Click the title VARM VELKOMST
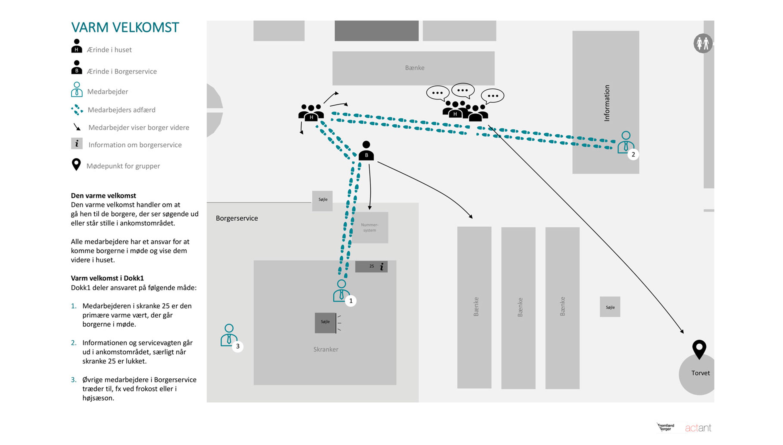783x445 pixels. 125,27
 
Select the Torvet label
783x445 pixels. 700,373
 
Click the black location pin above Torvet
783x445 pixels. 699,349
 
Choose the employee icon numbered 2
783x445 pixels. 625,142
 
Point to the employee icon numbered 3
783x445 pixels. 229,335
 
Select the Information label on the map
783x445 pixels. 606,103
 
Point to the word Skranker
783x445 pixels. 325,349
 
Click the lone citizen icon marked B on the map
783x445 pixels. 366,151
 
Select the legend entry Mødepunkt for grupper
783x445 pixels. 123,166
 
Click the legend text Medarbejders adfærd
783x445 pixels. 122,110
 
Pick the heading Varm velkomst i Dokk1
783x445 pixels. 107,278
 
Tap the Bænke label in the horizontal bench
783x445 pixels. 415,68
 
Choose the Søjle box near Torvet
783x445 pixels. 610,307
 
